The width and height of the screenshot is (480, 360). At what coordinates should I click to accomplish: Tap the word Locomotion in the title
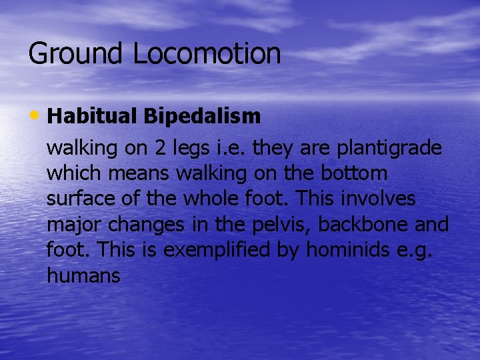point(207,54)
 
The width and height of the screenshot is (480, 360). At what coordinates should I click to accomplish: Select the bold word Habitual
point(92,116)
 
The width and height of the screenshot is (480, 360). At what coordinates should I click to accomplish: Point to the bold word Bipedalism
point(201,116)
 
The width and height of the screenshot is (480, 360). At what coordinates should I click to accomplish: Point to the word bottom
point(355,174)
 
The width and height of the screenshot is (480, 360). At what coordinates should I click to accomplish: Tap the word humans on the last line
point(84,275)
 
